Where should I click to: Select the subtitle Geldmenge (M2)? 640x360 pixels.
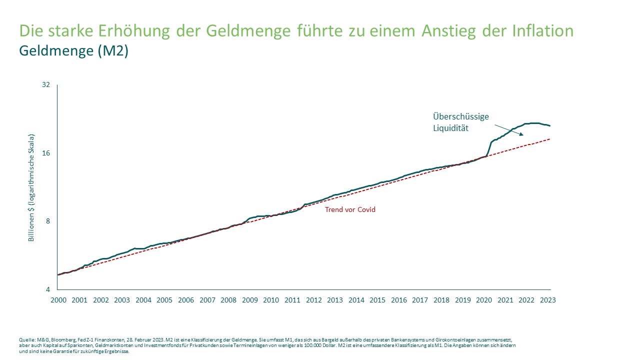(73, 51)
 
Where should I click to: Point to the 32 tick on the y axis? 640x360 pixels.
(46, 84)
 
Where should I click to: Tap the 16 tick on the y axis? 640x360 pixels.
(46, 153)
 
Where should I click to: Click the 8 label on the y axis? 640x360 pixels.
(48, 221)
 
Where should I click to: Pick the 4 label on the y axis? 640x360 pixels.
(48, 289)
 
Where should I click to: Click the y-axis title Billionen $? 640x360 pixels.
(31, 187)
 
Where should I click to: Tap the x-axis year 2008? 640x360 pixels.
(228, 300)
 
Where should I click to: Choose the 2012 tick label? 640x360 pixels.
(314, 300)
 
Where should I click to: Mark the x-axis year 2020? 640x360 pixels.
(484, 300)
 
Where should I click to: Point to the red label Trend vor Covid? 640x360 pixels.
(350, 209)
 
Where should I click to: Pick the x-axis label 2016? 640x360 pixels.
(399, 300)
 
